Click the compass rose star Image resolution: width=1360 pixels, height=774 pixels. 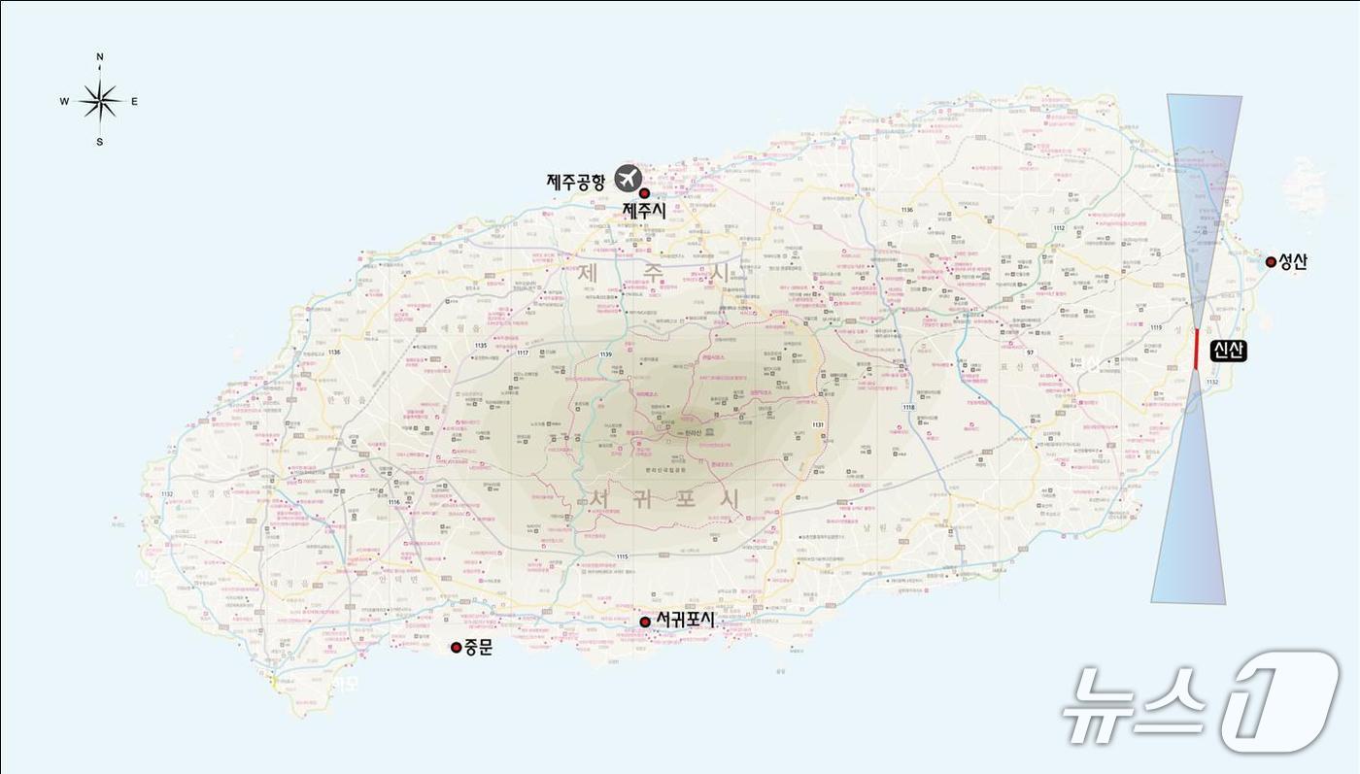coord(99,100)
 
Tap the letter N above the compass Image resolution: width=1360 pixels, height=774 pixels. coord(100,58)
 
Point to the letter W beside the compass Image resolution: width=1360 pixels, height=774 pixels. coord(64,101)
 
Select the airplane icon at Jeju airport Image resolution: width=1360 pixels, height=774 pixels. coord(629,179)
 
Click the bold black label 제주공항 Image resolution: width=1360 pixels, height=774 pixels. coord(576,181)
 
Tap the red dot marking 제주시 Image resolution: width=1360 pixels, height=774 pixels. coord(643,194)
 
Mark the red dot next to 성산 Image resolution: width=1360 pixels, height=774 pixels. coord(1271,261)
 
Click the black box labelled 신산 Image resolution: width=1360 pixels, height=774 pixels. coord(1227,351)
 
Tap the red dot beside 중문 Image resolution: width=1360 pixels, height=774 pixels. coord(456,647)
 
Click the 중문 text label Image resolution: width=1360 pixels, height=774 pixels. coord(478,647)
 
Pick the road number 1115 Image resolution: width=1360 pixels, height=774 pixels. coord(623,556)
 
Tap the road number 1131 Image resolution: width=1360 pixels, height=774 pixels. coord(818,425)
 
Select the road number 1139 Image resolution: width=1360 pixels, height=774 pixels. coord(606,354)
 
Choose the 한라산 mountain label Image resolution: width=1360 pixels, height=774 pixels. coord(693,430)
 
